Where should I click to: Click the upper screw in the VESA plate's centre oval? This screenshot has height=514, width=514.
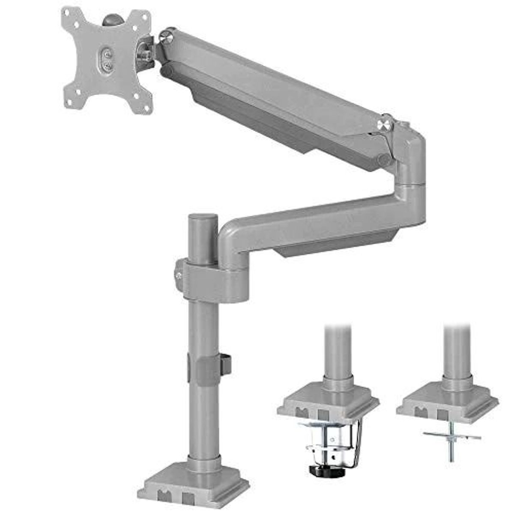pyautogui.click(x=107, y=54)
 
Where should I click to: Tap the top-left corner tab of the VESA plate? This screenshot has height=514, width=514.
pyautogui.click(x=69, y=14)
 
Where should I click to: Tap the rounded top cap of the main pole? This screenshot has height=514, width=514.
pyautogui.click(x=203, y=218)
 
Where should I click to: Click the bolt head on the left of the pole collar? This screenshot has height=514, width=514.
pyautogui.click(x=178, y=274)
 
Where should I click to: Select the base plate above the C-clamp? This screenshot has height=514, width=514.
pyautogui.click(x=328, y=400)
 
